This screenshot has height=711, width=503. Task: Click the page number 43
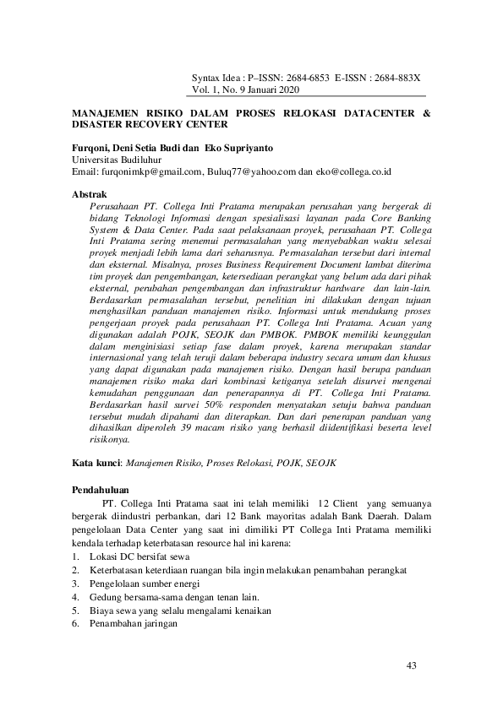(x=412, y=666)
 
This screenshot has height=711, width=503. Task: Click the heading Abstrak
(x=90, y=194)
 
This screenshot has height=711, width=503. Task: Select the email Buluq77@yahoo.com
(x=251, y=171)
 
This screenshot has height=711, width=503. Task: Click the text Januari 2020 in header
(x=273, y=89)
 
